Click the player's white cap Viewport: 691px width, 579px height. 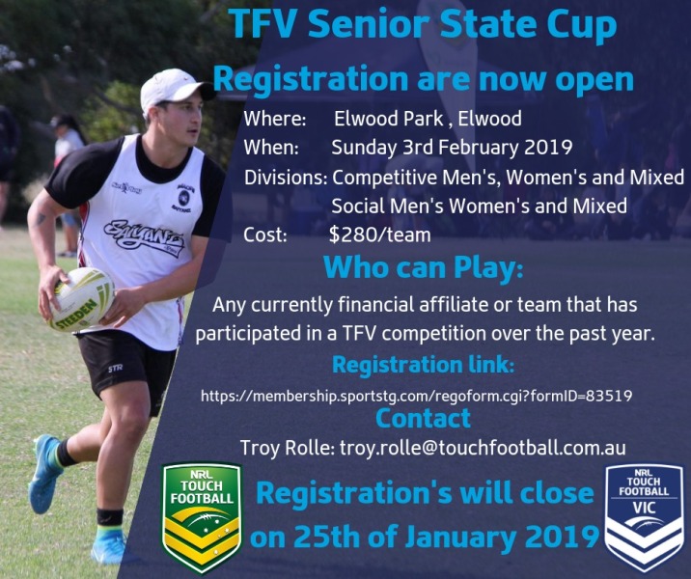pos(175,90)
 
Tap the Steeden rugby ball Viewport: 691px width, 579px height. pos(81,299)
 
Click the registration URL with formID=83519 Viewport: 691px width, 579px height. pos(417,396)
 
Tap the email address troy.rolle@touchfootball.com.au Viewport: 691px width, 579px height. pos(483,448)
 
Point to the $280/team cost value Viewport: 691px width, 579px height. pos(379,234)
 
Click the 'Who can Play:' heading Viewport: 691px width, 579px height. pos(423,267)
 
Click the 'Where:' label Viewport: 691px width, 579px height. pos(275,119)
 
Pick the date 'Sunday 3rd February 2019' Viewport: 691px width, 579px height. pos(452,148)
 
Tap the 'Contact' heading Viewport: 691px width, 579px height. pos(423,418)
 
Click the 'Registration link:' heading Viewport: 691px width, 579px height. pos(423,365)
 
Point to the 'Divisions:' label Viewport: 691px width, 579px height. pos(286,178)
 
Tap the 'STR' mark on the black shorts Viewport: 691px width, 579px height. pos(116,368)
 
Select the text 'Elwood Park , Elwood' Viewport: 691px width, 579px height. pos(428,119)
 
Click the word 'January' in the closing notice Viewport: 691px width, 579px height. pos(461,538)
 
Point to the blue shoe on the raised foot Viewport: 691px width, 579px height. pos(44,473)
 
